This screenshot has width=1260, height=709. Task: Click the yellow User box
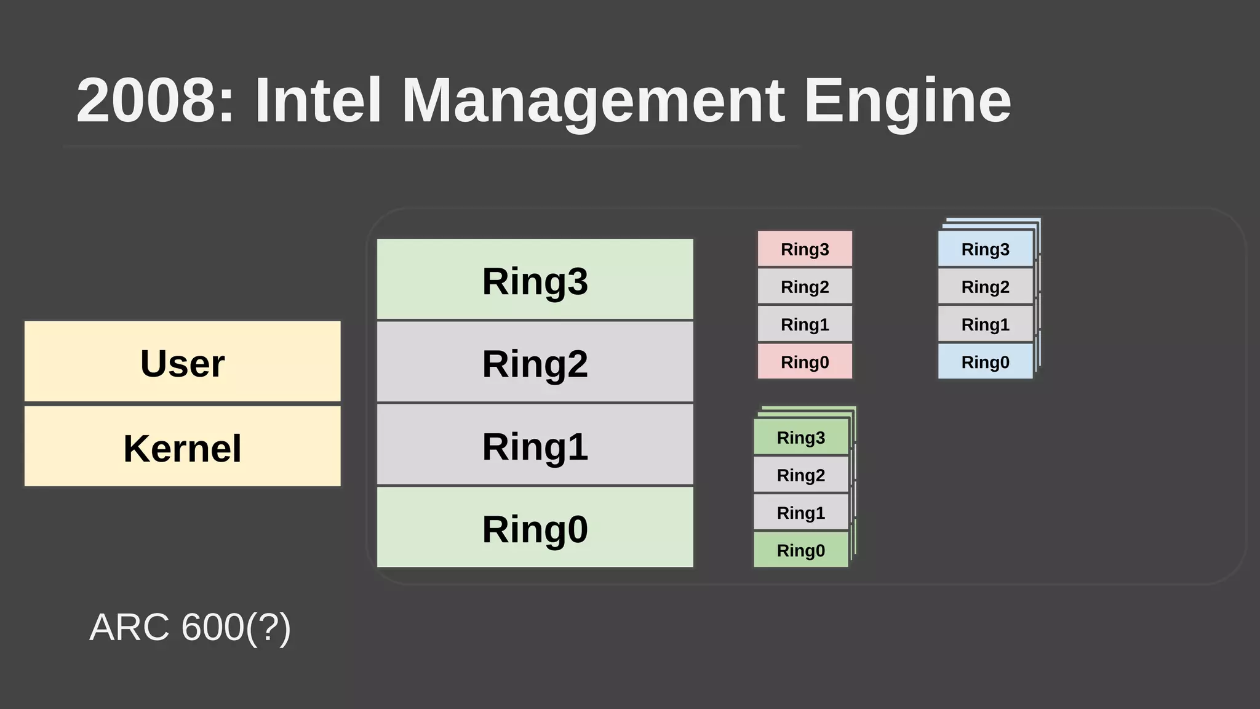point(182,362)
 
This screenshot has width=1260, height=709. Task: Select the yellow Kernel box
point(182,447)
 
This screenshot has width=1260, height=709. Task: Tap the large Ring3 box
point(535,280)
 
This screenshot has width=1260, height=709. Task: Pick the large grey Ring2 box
point(535,363)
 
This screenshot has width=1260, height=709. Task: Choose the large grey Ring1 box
point(535,445)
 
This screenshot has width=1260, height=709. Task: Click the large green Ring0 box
point(535,528)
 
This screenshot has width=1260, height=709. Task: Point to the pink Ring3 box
point(805,249)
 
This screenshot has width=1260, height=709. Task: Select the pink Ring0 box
point(805,361)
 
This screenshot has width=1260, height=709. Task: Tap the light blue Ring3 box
point(985,249)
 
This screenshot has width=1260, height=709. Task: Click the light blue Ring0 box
point(985,361)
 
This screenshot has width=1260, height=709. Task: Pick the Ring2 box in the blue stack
point(985,286)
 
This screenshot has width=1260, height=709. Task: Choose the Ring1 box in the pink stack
point(805,324)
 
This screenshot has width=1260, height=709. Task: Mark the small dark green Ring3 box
point(800,437)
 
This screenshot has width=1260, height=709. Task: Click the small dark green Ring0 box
point(800,550)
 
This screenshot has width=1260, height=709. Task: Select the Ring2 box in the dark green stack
point(800,475)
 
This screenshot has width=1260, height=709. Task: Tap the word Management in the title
point(592,100)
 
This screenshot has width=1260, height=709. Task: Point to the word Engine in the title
point(907,100)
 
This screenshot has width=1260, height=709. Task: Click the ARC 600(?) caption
point(190,627)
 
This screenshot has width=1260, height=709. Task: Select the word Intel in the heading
point(319,100)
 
